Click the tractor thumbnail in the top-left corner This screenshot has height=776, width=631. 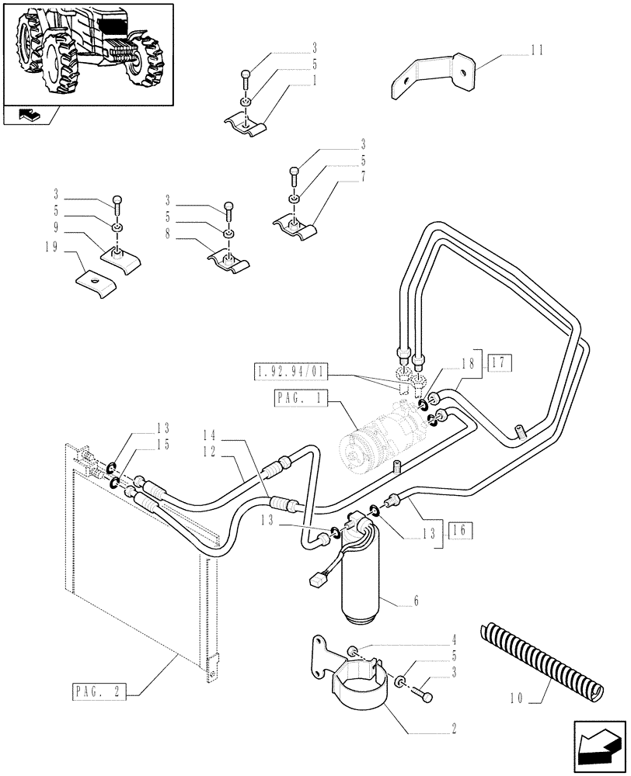(x=87, y=53)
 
